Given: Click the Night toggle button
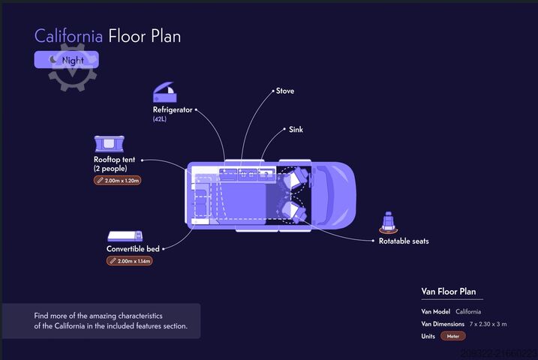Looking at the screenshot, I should point(66,59).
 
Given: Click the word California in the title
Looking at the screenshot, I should point(68,35).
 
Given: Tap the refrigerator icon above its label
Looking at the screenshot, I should point(164,93).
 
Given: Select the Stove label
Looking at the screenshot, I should point(285,91).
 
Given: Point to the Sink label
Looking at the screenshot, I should point(296,130).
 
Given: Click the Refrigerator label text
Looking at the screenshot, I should point(173,109).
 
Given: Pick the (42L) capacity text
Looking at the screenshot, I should point(160,119).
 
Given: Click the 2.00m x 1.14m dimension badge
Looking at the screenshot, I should point(129,261).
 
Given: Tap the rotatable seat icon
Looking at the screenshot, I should point(388,221).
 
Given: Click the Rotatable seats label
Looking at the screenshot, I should point(404,241).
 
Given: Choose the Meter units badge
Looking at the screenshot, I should point(452,336).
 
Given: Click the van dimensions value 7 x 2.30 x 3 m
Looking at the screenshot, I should point(488,324).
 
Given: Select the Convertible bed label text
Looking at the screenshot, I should point(133,249).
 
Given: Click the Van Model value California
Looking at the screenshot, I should point(468,311).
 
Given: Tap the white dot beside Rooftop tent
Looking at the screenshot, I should point(143,160).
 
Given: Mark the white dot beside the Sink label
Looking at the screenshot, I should point(281,130).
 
